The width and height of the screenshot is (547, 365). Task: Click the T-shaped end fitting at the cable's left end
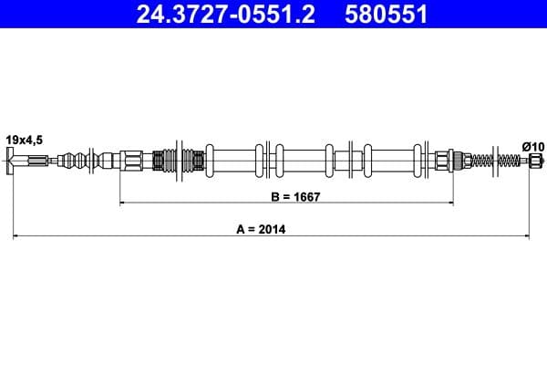[14, 163]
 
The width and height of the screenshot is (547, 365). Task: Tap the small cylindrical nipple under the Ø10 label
[534, 162]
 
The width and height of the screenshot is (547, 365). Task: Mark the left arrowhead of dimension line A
[16, 237]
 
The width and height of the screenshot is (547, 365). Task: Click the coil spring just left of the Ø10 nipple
[505, 162]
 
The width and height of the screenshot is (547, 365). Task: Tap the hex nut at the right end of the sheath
[444, 162]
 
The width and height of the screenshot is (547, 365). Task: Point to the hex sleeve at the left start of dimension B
[132, 162]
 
